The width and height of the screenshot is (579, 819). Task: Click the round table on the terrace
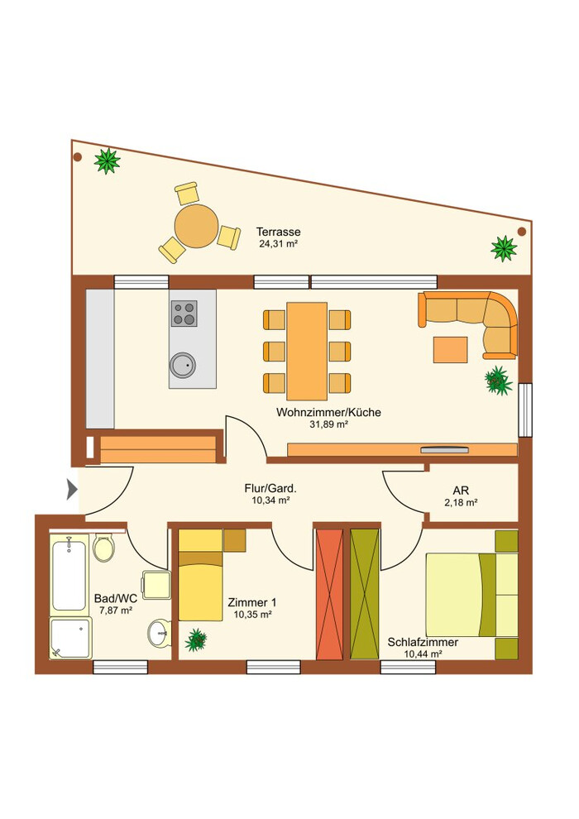click(x=196, y=226)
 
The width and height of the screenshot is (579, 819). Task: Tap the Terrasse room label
click(x=278, y=232)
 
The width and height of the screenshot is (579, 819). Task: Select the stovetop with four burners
click(x=184, y=314)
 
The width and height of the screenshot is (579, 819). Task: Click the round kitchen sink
click(x=183, y=365)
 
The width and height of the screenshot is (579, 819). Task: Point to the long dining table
click(x=307, y=351)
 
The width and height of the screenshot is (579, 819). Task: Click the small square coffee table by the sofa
click(x=450, y=350)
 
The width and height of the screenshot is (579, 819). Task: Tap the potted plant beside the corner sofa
click(x=498, y=381)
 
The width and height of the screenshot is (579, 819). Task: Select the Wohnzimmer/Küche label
click(x=328, y=412)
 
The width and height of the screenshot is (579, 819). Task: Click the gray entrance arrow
click(x=72, y=490)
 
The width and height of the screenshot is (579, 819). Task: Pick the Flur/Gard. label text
click(x=270, y=488)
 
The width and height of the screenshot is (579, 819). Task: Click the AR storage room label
click(x=461, y=491)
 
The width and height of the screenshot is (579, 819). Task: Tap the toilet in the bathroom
click(x=104, y=548)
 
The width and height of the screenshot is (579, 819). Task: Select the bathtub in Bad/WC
click(x=69, y=574)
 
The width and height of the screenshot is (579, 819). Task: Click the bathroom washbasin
click(x=160, y=633)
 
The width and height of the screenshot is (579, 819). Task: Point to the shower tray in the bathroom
click(x=71, y=639)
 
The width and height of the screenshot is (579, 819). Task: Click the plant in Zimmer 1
click(x=196, y=639)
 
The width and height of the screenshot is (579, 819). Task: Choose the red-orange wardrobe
click(x=330, y=595)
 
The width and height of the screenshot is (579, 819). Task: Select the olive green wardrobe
click(x=365, y=595)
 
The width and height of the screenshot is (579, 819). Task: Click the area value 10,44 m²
click(x=423, y=654)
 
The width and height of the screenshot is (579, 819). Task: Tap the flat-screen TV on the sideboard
click(x=445, y=449)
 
